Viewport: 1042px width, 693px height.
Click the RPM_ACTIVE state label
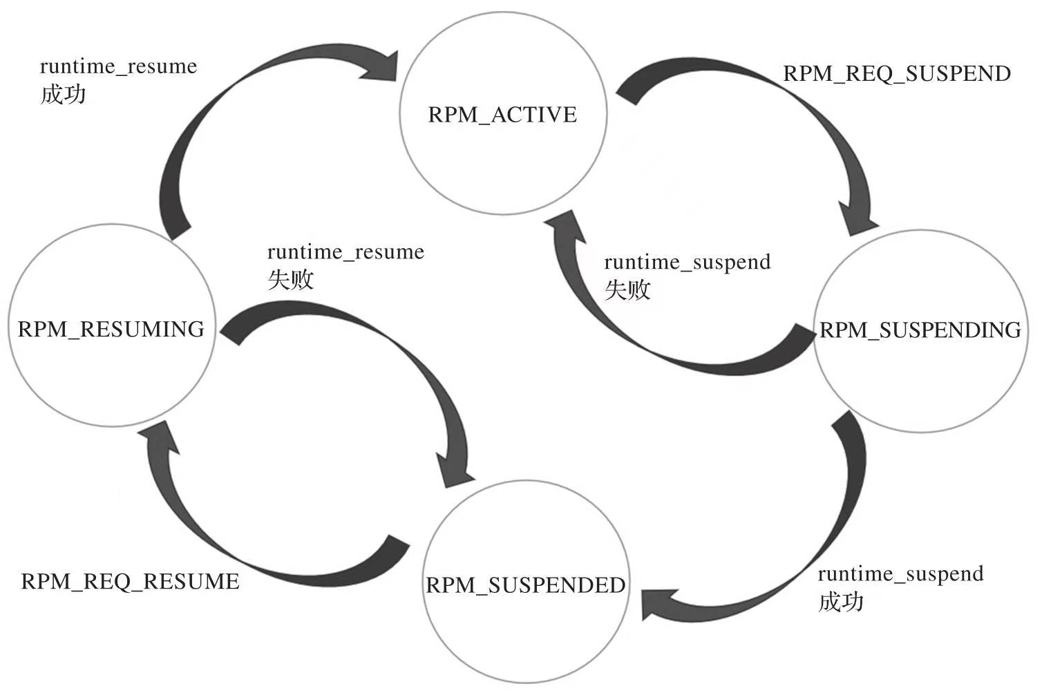[x=502, y=115]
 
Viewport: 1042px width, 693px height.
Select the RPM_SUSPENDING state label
[x=920, y=330]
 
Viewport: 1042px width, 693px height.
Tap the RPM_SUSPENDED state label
[x=526, y=585]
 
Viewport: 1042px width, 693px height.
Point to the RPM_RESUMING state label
[x=111, y=329]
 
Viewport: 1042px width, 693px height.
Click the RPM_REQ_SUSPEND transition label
[x=896, y=74]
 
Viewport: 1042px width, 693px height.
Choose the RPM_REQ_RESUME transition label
[x=131, y=582]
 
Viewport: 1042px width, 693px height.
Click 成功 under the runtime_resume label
[x=63, y=94]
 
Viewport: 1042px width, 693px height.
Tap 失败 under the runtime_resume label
[x=290, y=279]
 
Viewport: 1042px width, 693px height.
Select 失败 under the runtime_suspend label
[x=627, y=289]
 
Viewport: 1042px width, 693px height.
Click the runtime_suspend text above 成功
[x=900, y=574]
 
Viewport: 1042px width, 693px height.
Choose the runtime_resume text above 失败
[x=345, y=252]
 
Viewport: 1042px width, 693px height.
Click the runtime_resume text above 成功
[x=118, y=67]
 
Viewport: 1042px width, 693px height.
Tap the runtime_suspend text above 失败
[x=687, y=263]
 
